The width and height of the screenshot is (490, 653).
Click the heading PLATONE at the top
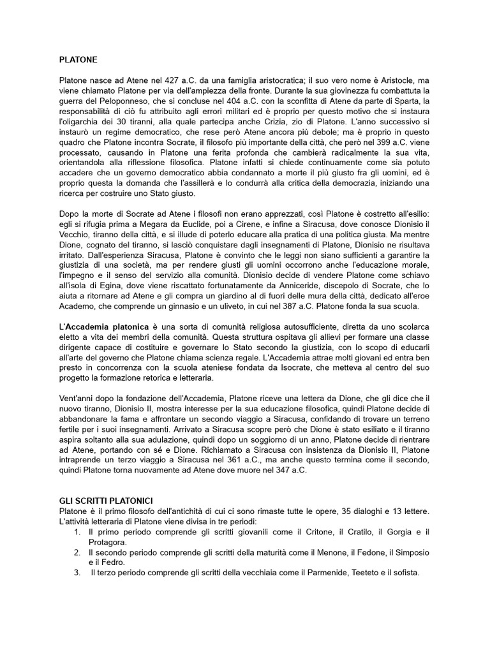click(x=78, y=59)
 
